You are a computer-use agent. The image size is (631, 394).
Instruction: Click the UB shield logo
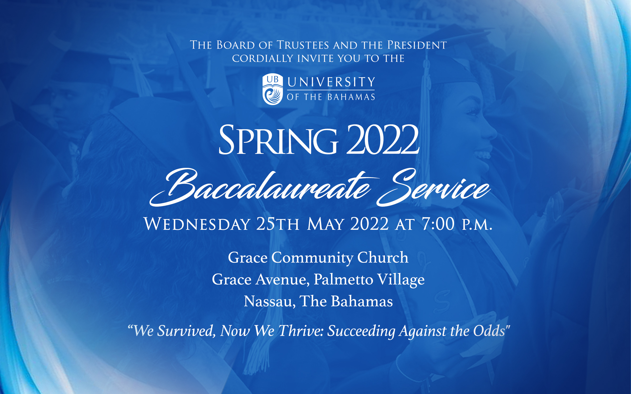pyautogui.click(x=273, y=89)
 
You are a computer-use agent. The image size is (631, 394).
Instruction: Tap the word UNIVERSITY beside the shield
pyautogui.click(x=331, y=82)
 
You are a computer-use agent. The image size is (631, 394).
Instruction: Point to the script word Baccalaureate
pyautogui.click(x=263, y=188)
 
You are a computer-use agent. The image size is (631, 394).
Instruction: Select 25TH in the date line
pyautogui.click(x=278, y=224)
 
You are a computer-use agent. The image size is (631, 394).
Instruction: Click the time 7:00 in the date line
pyautogui.click(x=438, y=224)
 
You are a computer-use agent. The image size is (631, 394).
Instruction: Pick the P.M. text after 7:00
pyautogui.click(x=477, y=225)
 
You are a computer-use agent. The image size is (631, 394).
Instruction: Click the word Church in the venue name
pyautogui.click(x=383, y=257)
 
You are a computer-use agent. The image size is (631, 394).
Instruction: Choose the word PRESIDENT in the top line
pyautogui.click(x=417, y=45)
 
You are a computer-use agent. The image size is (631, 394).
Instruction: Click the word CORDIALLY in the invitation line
pyautogui.click(x=262, y=58)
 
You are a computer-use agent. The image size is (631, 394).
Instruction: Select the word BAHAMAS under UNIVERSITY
pyautogui.click(x=351, y=97)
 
